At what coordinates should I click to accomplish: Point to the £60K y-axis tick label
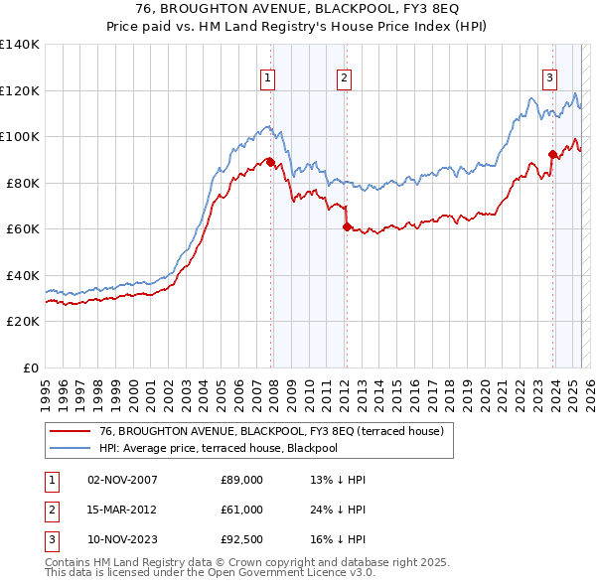pos(23,229)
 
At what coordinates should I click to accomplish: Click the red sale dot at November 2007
pos(270,163)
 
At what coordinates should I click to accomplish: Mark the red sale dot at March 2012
pos(347,227)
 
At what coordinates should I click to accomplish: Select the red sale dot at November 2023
pos(552,154)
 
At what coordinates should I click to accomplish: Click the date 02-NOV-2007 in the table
pos(122,480)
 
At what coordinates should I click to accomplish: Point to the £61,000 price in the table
pos(241,510)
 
